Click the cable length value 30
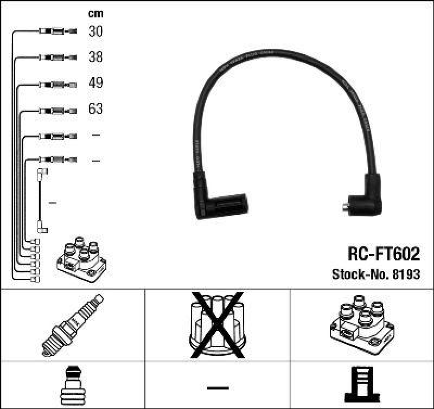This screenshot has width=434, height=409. (95, 31)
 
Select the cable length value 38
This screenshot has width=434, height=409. (95, 57)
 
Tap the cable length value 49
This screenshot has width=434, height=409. (95, 83)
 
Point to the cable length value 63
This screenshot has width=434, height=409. (95, 109)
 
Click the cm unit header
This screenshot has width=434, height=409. (95, 13)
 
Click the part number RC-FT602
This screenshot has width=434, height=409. (383, 254)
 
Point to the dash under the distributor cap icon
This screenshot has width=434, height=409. (218, 387)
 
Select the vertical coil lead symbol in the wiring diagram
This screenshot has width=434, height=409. (41, 201)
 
